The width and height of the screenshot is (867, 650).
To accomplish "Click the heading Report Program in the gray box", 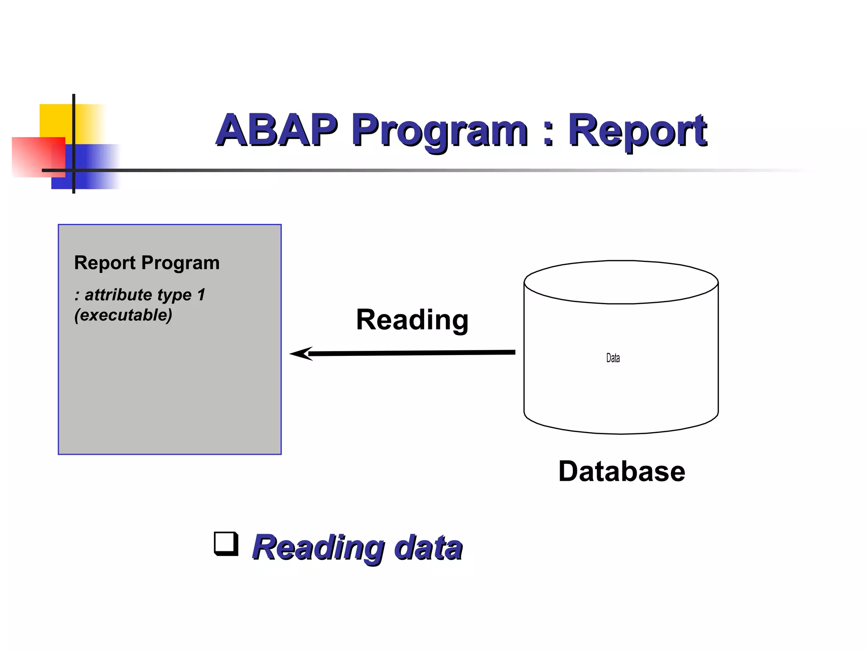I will pyautogui.click(x=146, y=263).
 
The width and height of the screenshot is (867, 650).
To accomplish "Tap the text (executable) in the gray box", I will pyautogui.click(x=123, y=315).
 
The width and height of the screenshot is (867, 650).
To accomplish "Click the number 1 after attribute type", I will pyautogui.click(x=201, y=295).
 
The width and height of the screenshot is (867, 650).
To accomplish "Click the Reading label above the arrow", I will pyautogui.click(x=412, y=320).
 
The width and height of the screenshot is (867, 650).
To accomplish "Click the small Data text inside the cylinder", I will pyautogui.click(x=613, y=358).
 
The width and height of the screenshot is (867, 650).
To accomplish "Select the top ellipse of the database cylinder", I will pyautogui.click(x=621, y=282).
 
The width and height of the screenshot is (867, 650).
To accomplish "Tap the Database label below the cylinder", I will pyautogui.click(x=621, y=471).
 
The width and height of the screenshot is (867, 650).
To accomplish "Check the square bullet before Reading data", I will pyautogui.click(x=226, y=543).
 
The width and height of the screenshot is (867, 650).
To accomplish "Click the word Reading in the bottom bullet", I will pyautogui.click(x=318, y=548).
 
